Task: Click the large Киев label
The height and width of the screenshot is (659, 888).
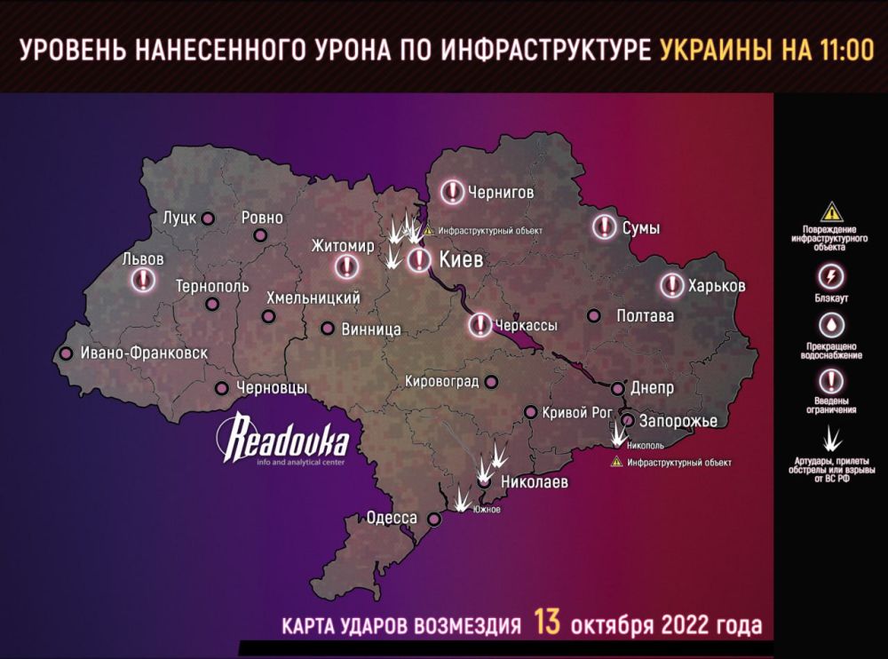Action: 462,259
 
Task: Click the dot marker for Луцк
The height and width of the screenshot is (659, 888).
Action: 209,218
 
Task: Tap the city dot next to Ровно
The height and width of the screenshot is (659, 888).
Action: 260,235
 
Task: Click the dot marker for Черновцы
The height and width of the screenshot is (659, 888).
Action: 222,387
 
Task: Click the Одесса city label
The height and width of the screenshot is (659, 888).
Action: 392,518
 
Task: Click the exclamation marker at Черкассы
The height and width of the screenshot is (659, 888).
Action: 480,325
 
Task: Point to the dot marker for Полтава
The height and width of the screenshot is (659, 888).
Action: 594,315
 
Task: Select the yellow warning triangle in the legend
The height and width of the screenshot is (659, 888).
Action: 829,212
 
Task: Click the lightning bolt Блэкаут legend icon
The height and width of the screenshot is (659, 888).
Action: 829,273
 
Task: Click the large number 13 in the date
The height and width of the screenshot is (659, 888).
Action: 547,622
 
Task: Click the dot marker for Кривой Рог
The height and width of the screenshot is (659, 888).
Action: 529,412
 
